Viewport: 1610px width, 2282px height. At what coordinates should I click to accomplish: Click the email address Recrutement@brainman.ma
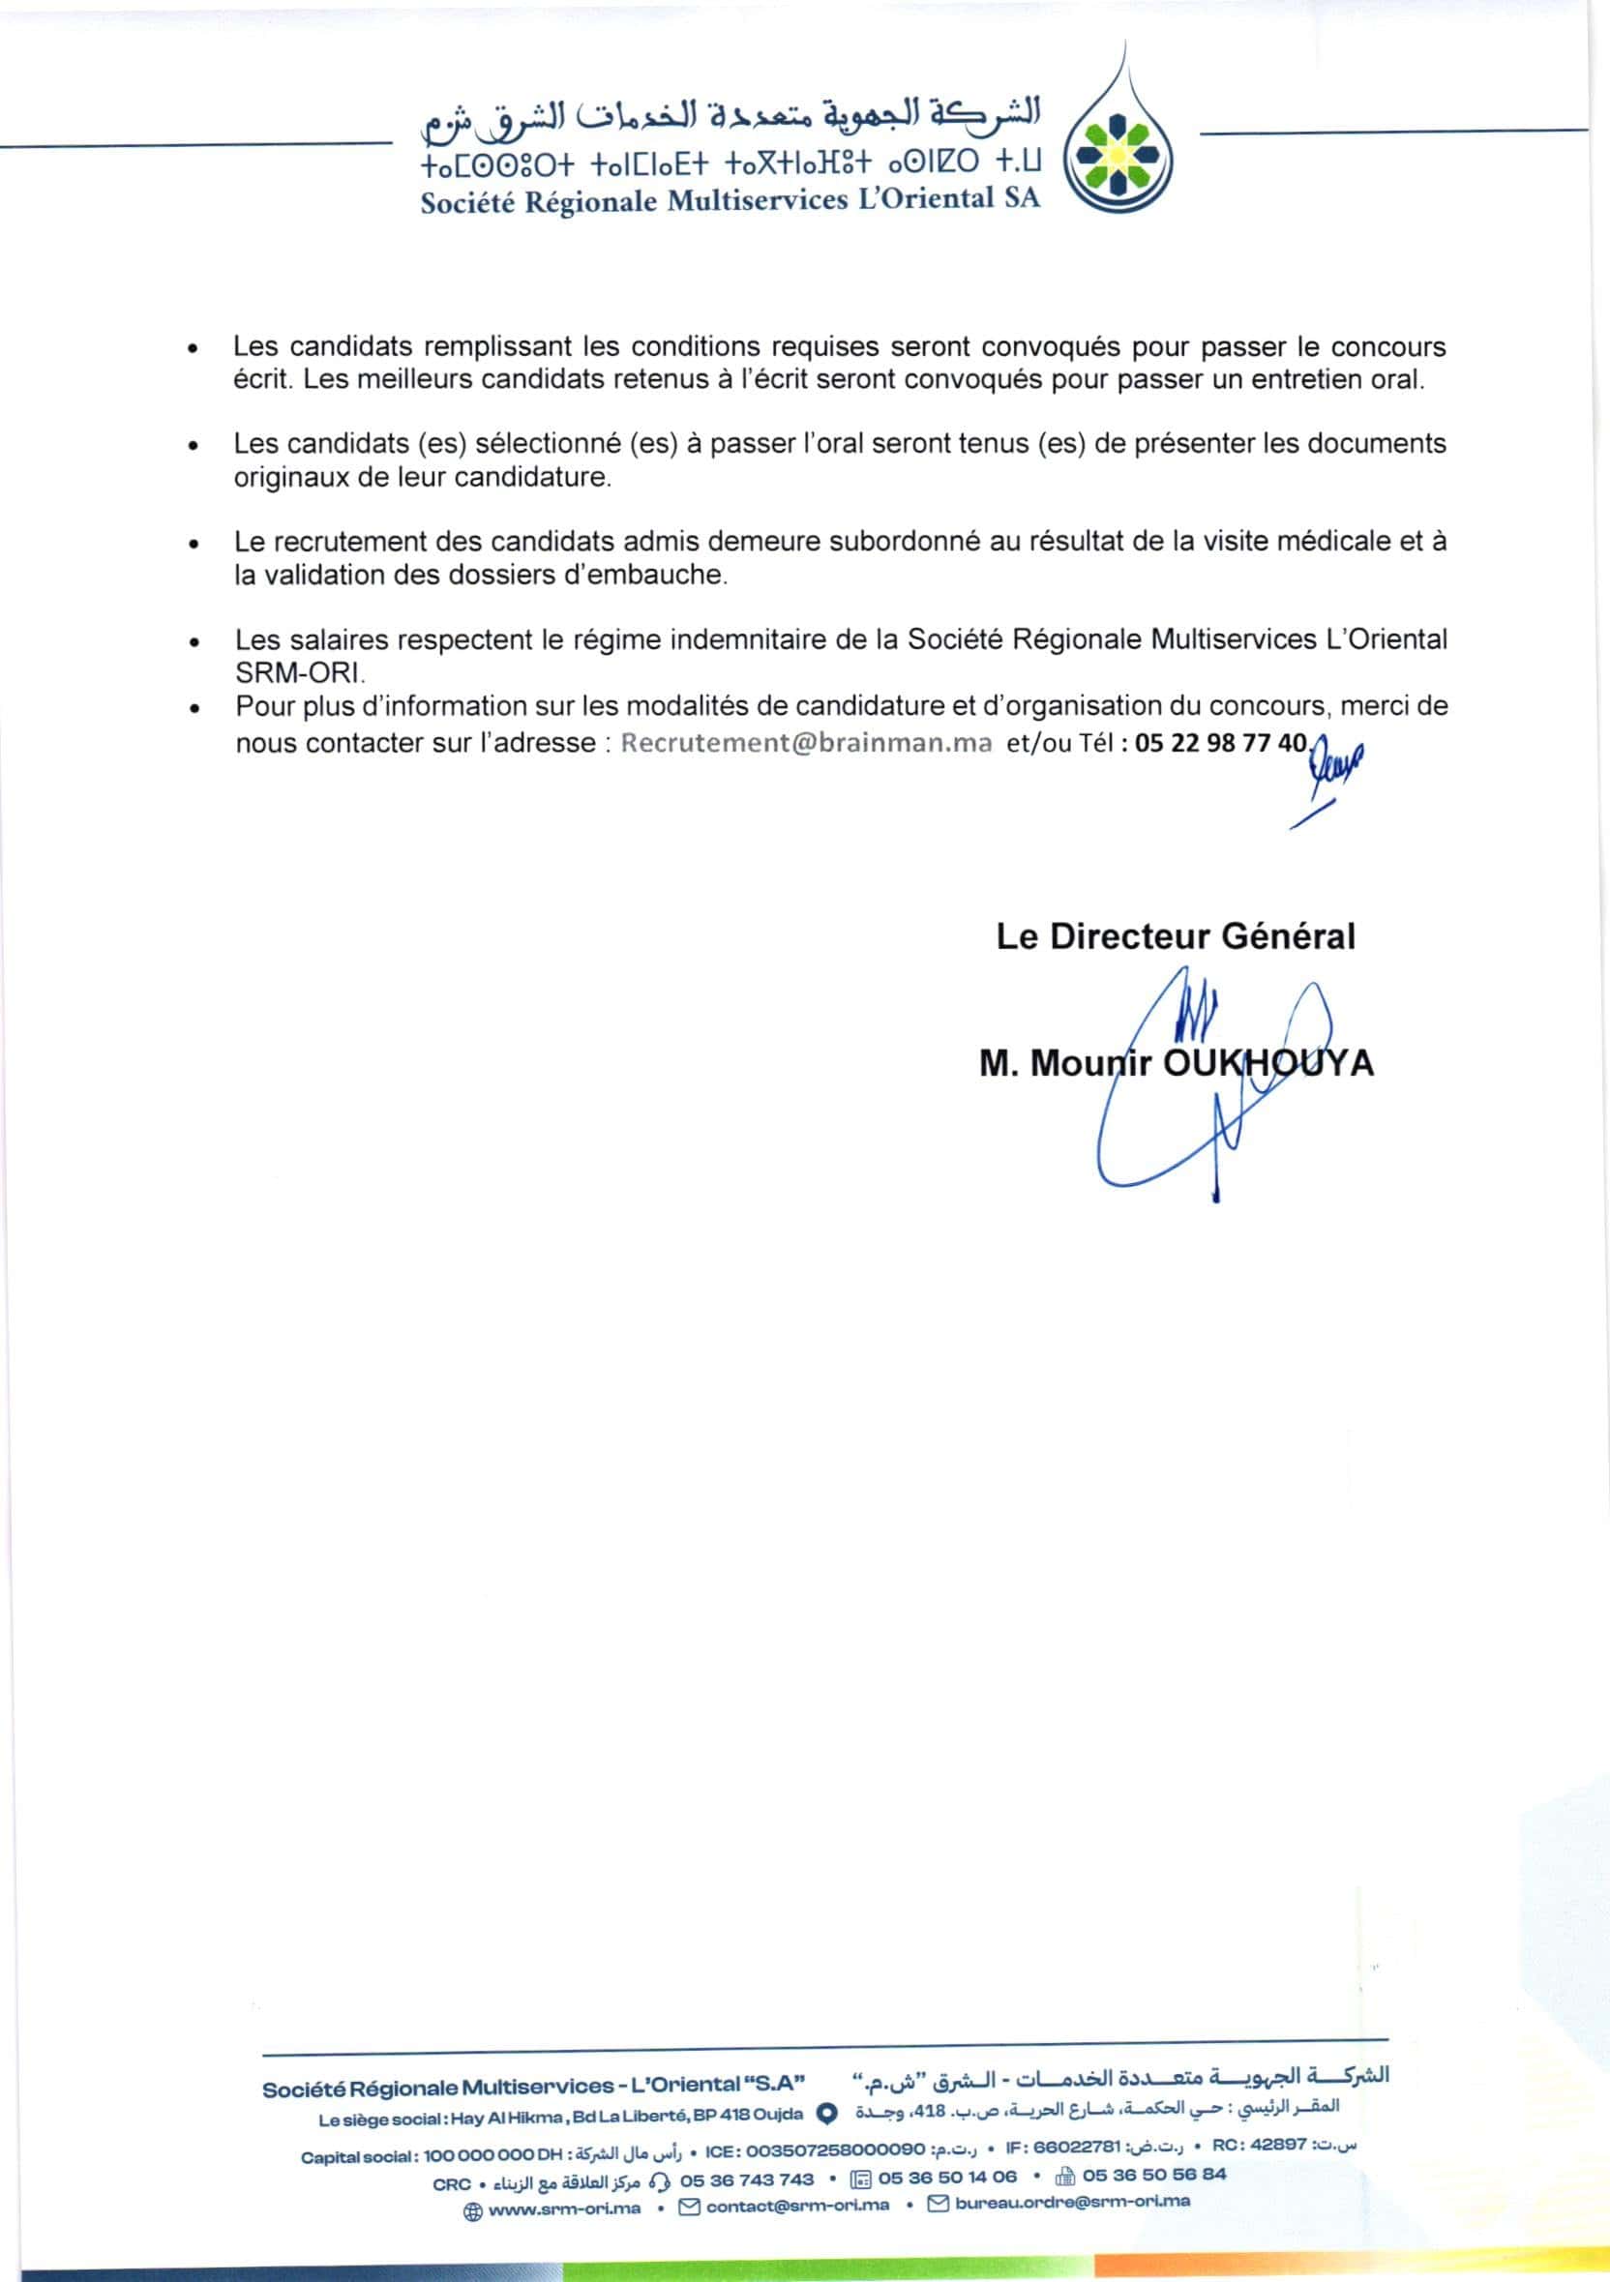tap(806, 744)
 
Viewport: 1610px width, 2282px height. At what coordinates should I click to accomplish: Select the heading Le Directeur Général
tap(1175, 936)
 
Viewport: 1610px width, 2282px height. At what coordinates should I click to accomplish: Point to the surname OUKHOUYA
tap(1268, 1063)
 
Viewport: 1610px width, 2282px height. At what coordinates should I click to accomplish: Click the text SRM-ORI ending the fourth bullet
tap(299, 672)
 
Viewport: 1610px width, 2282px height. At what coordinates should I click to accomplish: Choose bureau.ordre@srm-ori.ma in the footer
tap(1071, 2202)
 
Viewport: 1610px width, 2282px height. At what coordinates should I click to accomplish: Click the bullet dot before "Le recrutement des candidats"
tap(194, 544)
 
